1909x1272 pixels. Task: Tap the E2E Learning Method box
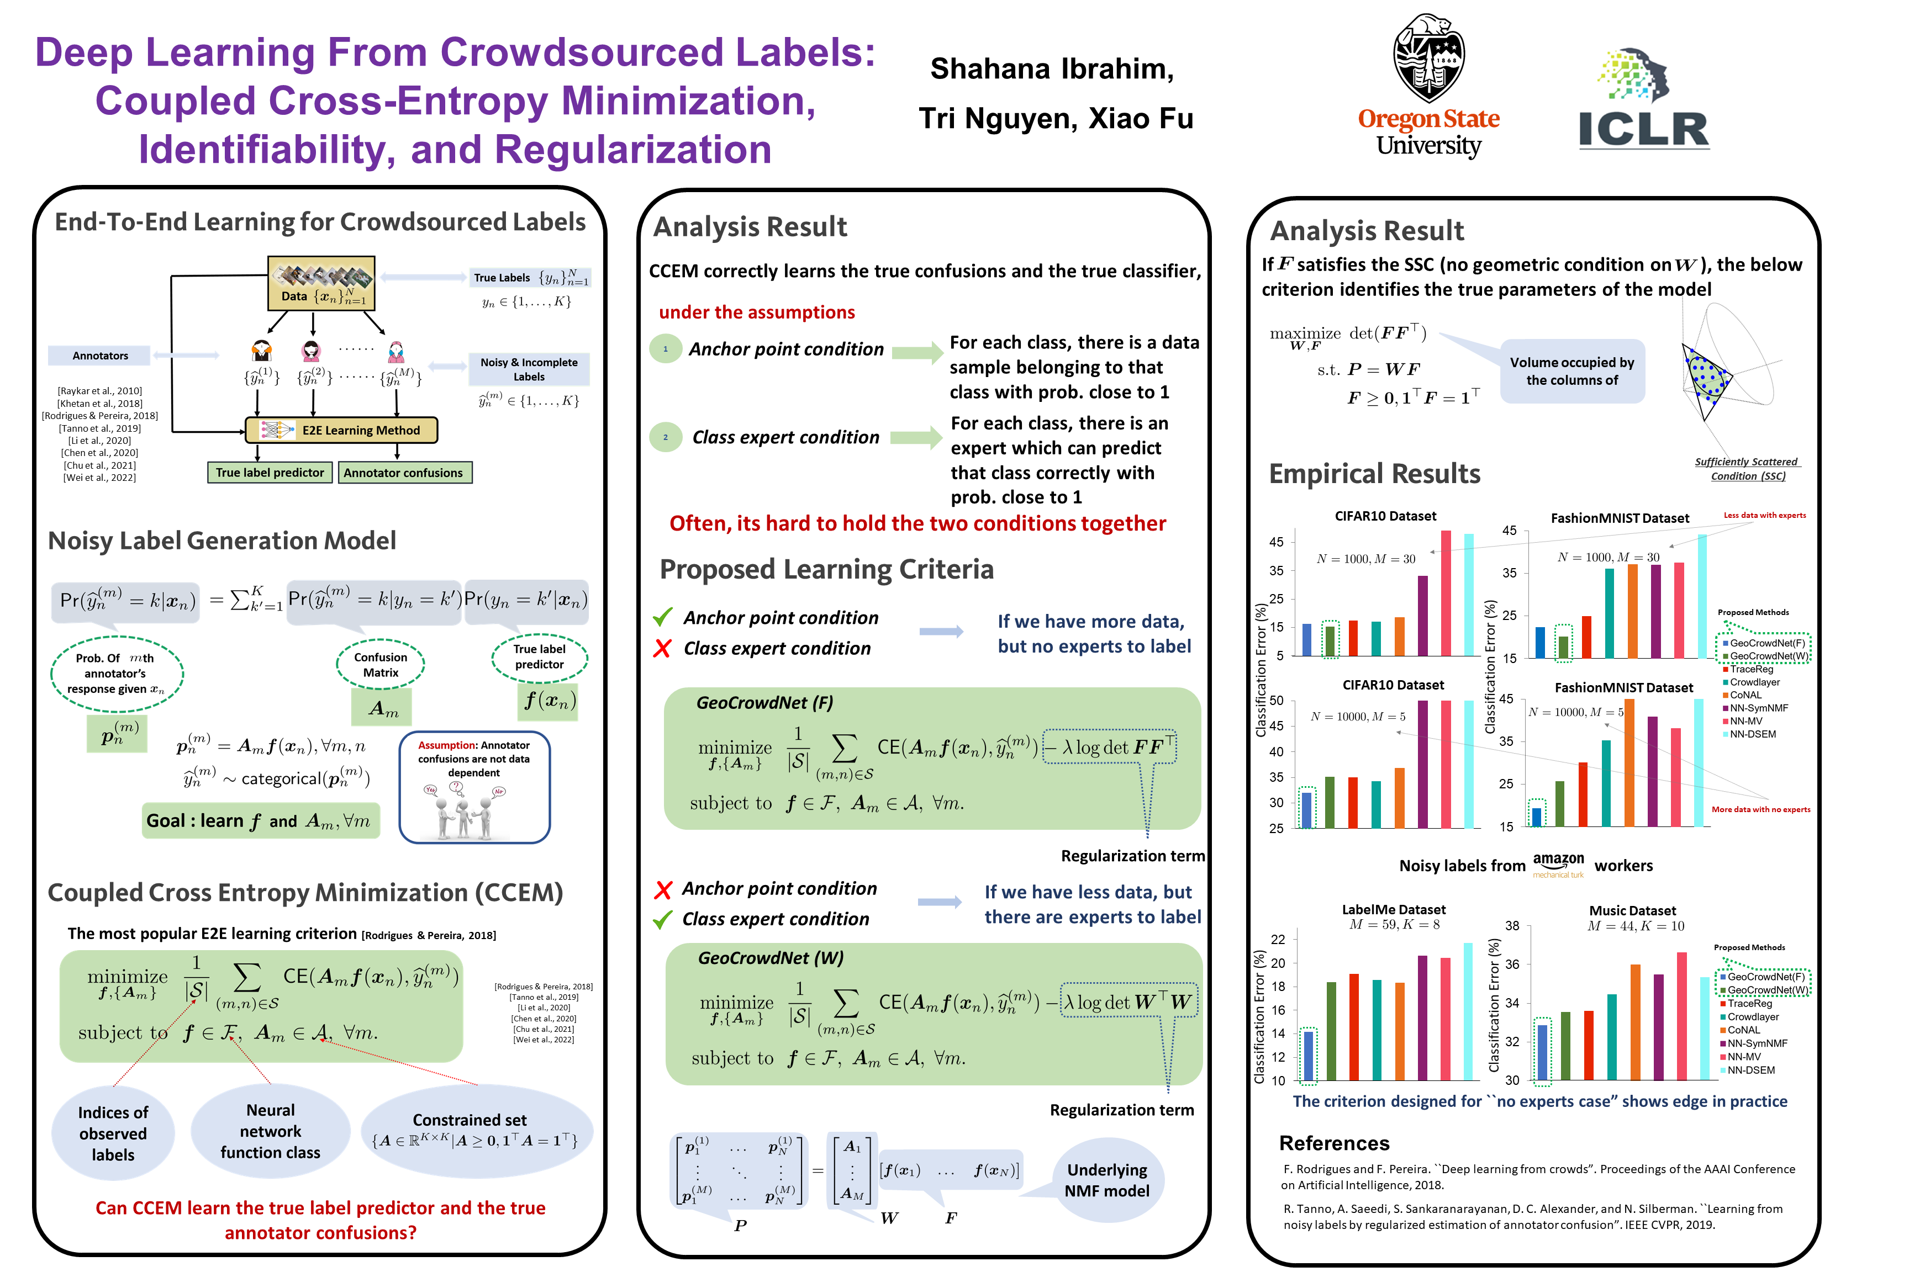342,430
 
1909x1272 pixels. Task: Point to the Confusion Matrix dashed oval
381,664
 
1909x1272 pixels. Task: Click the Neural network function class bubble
270,1131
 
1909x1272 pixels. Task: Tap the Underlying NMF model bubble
1107,1179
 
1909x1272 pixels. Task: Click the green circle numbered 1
666,349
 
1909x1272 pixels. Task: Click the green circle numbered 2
666,437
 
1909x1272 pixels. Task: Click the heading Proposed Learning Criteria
826,570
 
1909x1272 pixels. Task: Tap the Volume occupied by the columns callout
1572,372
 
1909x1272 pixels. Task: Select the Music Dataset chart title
1632,910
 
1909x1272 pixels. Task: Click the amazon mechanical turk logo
1558,864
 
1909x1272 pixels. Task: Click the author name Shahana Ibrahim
1052,69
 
